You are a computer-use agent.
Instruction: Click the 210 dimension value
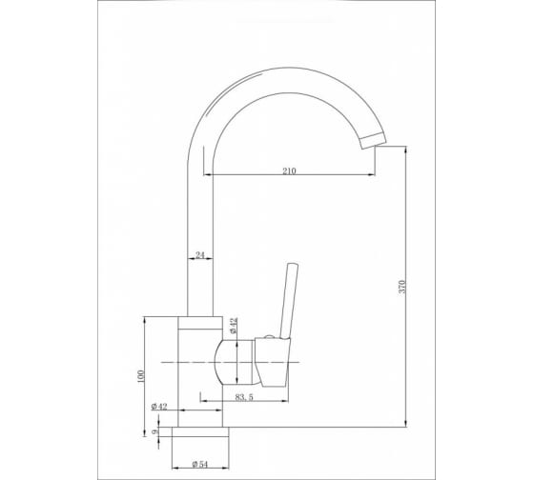[x=289, y=170]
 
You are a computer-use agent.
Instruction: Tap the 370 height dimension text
[x=402, y=287]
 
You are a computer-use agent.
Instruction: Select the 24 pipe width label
[x=200, y=255]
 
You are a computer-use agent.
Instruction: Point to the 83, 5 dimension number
[x=244, y=397]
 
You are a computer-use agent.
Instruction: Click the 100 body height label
[x=141, y=376]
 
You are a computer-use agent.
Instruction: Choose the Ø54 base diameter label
[x=199, y=464]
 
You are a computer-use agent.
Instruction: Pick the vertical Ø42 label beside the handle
[x=234, y=325]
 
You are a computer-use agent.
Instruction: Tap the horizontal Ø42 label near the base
[x=159, y=407]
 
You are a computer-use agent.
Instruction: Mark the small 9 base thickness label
[x=154, y=432]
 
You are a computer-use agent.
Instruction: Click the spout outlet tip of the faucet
[x=373, y=141]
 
